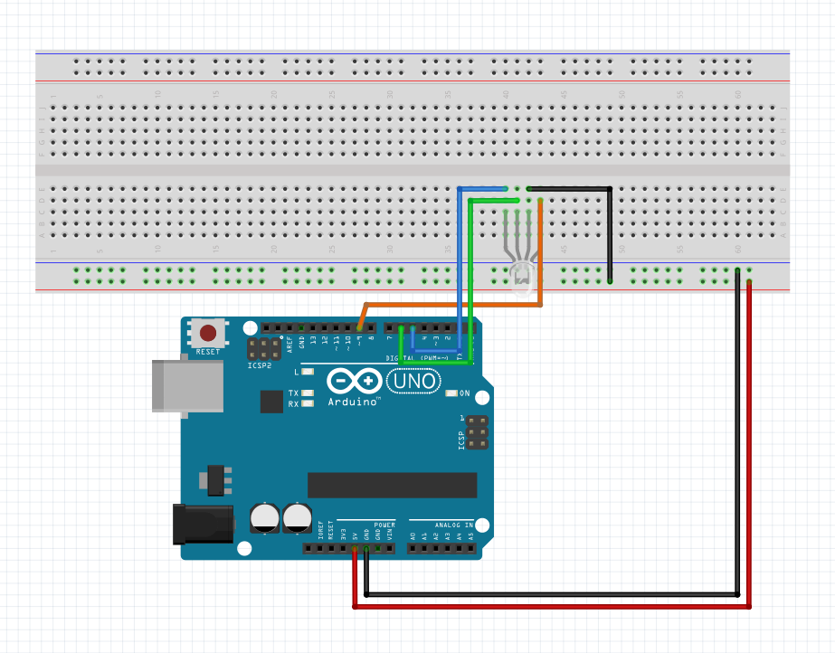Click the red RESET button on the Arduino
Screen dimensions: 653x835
coord(208,333)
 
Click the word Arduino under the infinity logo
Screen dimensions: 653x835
coord(354,402)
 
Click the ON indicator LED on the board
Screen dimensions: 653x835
coord(452,393)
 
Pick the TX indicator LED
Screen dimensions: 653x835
coord(308,393)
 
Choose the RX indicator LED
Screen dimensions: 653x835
coord(308,404)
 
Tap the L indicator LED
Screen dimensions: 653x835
coord(308,372)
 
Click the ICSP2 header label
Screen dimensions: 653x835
coord(260,365)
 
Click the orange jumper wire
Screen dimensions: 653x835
coord(452,305)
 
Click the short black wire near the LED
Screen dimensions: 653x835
coord(610,235)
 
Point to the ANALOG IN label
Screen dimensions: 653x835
coord(453,525)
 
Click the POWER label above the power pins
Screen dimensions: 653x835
coord(384,525)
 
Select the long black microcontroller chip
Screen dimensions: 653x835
coord(392,485)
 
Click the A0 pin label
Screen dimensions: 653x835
coord(413,536)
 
